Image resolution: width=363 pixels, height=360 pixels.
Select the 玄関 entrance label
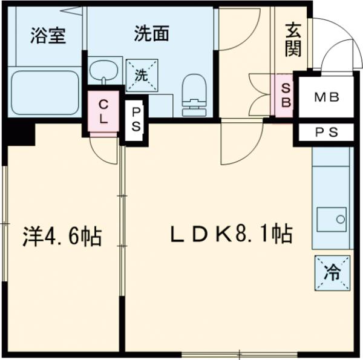click(293, 40)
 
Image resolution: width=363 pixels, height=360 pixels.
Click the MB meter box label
click(327, 97)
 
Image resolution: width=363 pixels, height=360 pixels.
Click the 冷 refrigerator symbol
click(332, 273)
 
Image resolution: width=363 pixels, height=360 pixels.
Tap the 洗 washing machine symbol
click(142, 76)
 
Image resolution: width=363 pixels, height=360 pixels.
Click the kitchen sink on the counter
click(332, 218)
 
